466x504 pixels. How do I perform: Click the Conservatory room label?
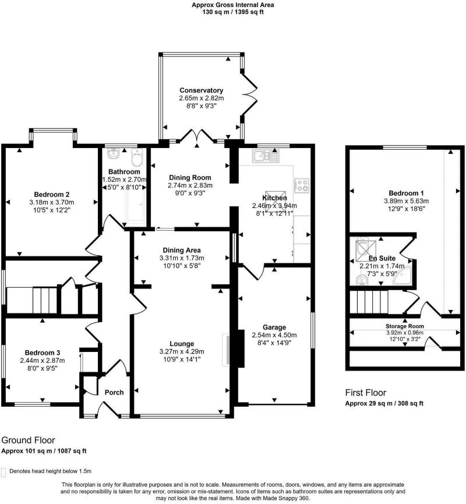tap(201, 90)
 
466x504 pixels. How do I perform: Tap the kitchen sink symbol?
tap(266, 156)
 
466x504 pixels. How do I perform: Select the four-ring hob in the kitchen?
tap(302, 186)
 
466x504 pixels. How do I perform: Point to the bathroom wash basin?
tap(114, 154)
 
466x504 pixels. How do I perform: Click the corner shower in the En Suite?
tap(403, 276)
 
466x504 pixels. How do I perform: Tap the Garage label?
tap(274, 327)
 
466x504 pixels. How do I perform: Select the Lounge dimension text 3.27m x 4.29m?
tap(182, 352)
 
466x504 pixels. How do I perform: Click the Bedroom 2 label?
tap(52, 195)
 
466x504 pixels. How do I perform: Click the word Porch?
tap(114, 393)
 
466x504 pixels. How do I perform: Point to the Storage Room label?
tap(405, 326)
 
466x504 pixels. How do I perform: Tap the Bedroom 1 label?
tap(406, 193)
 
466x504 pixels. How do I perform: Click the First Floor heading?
tap(365, 393)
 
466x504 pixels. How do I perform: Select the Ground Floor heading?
tap(28, 440)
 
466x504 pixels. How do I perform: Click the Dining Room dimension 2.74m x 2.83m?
tap(190, 185)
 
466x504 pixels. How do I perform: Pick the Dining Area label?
tap(182, 250)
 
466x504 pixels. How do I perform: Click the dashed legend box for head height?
tap(3, 472)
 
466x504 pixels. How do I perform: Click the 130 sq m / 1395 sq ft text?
tap(233, 12)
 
